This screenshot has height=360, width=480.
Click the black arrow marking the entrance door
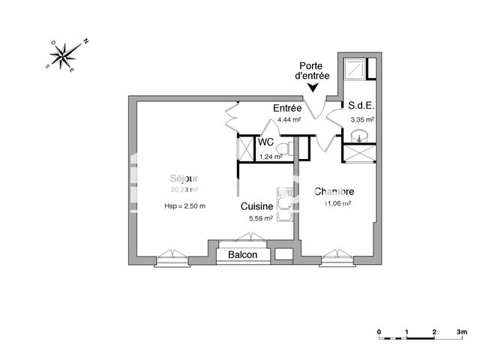coord(313,89)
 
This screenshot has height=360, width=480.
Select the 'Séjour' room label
coord(184,178)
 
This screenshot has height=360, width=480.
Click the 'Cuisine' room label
coord(256,205)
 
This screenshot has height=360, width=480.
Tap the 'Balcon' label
coord(242,255)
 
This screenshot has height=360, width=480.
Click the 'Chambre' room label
coord(334,191)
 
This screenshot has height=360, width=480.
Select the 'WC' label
coord(265,142)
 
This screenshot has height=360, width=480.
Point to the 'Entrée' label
coord(286,109)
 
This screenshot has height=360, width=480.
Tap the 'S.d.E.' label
coord(361,106)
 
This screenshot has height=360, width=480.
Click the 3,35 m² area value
coord(361,118)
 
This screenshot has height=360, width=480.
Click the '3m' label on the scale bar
coord(461,331)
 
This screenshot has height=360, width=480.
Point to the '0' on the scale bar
coord(379,331)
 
